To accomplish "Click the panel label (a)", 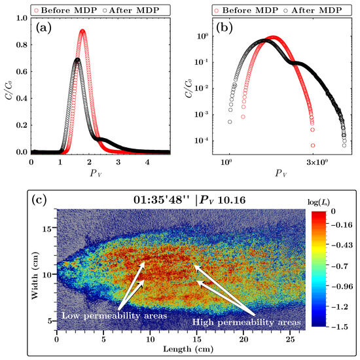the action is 44,28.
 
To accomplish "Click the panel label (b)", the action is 225,27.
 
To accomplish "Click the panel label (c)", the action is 39,200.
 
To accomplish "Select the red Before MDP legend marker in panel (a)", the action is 36,10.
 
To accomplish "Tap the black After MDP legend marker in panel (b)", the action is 285,10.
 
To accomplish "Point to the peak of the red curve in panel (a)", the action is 82,31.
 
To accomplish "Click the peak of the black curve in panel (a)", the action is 78,60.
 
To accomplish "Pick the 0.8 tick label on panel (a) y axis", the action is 22,45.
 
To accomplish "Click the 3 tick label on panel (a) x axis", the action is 118,162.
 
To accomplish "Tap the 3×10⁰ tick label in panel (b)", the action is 317,162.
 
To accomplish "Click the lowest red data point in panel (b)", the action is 313,145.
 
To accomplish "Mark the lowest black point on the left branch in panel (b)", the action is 230,122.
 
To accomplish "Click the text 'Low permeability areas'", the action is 114,315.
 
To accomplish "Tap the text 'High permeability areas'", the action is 246,322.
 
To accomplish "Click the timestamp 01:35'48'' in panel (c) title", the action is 162,200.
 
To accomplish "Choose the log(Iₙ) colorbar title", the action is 319,202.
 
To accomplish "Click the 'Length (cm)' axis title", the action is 189,350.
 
